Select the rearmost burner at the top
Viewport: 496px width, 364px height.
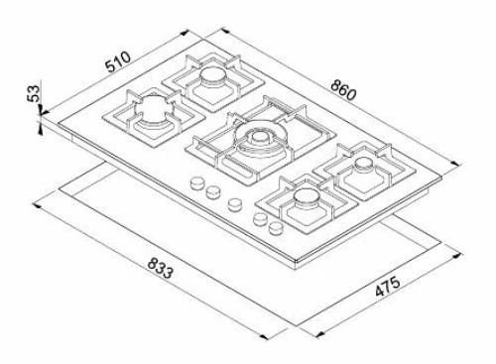[x=212, y=80]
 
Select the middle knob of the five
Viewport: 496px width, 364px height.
[x=235, y=205]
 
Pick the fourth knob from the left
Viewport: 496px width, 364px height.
[x=260, y=218]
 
